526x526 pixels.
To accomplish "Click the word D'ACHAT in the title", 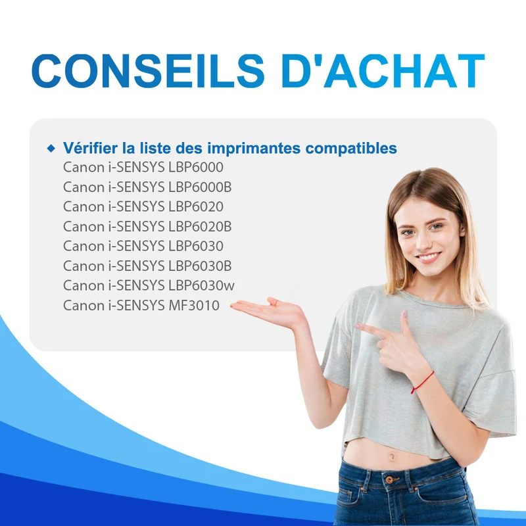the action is point(383,71).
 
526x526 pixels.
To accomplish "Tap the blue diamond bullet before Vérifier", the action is point(51,148).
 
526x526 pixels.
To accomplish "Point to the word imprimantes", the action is point(254,149).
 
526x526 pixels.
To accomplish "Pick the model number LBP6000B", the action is point(200,187).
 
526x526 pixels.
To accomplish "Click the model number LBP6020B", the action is point(200,227).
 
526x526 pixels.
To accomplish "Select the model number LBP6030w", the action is point(201,286).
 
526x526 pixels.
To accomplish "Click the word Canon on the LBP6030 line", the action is point(84,246).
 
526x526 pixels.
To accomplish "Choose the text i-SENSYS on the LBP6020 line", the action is point(137,206).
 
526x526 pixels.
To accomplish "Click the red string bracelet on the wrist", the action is point(422,383).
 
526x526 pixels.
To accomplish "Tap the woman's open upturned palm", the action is point(268,310).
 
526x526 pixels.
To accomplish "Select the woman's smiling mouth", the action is point(428,258).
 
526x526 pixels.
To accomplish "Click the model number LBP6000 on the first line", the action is point(196,168).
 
